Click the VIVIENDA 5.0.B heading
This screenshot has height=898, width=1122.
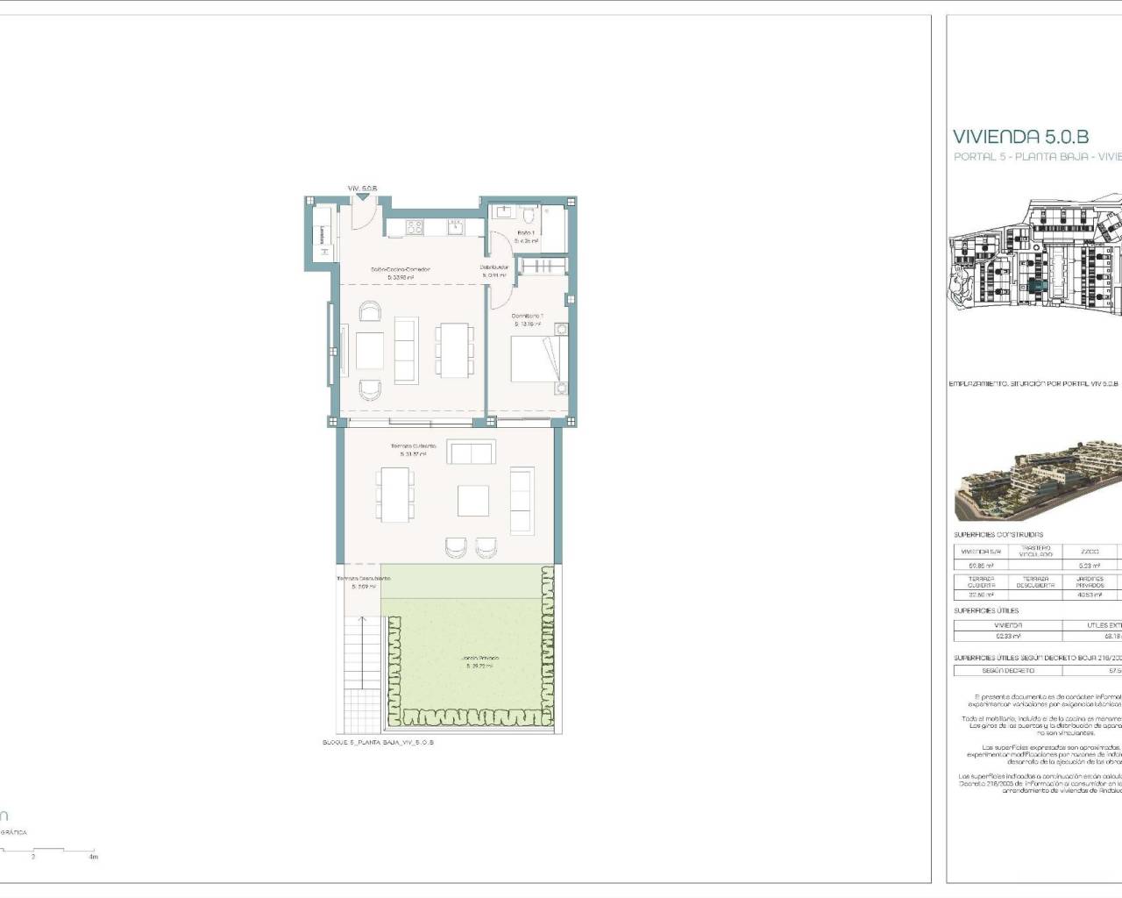(1020, 136)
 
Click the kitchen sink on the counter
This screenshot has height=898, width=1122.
(456, 228)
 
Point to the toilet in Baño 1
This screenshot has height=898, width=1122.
(530, 214)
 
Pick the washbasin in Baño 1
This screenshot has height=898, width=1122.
(503, 212)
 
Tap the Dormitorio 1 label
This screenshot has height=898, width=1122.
(529, 319)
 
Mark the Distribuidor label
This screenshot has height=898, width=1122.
(494, 270)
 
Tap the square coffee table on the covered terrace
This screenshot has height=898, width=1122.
(473, 501)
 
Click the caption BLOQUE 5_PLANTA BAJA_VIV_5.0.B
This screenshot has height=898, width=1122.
(379, 742)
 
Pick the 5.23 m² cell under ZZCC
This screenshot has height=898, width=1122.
(1090, 566)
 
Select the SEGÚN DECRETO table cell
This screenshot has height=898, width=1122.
(1007, 670)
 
